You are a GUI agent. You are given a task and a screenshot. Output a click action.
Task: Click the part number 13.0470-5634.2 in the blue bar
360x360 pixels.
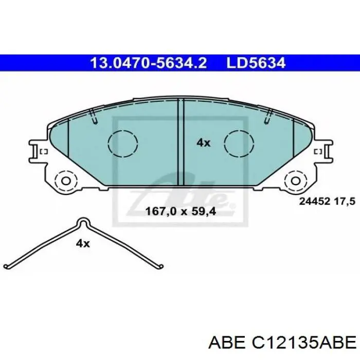148,63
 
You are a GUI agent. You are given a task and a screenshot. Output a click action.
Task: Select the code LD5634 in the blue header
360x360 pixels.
256,63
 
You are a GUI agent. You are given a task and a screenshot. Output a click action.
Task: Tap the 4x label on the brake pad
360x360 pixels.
203,143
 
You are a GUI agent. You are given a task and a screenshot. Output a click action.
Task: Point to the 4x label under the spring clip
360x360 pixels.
83,243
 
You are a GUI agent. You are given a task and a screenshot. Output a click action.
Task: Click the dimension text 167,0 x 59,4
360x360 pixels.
181,211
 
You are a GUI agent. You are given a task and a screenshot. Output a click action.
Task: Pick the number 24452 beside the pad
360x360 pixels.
315,202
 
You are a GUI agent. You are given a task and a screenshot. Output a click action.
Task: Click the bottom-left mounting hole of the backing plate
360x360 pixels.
66,182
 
